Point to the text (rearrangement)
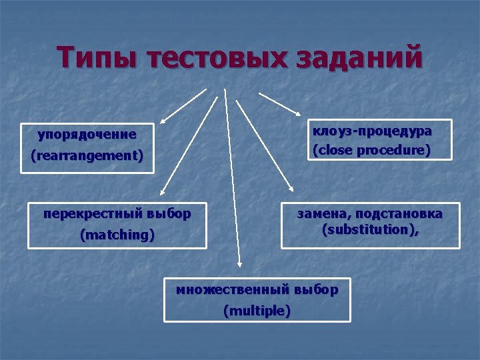[87, 156]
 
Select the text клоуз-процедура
[372, 131]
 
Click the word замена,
[323, 213]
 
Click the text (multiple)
[257, 311]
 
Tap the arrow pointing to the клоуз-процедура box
[280, 103]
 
